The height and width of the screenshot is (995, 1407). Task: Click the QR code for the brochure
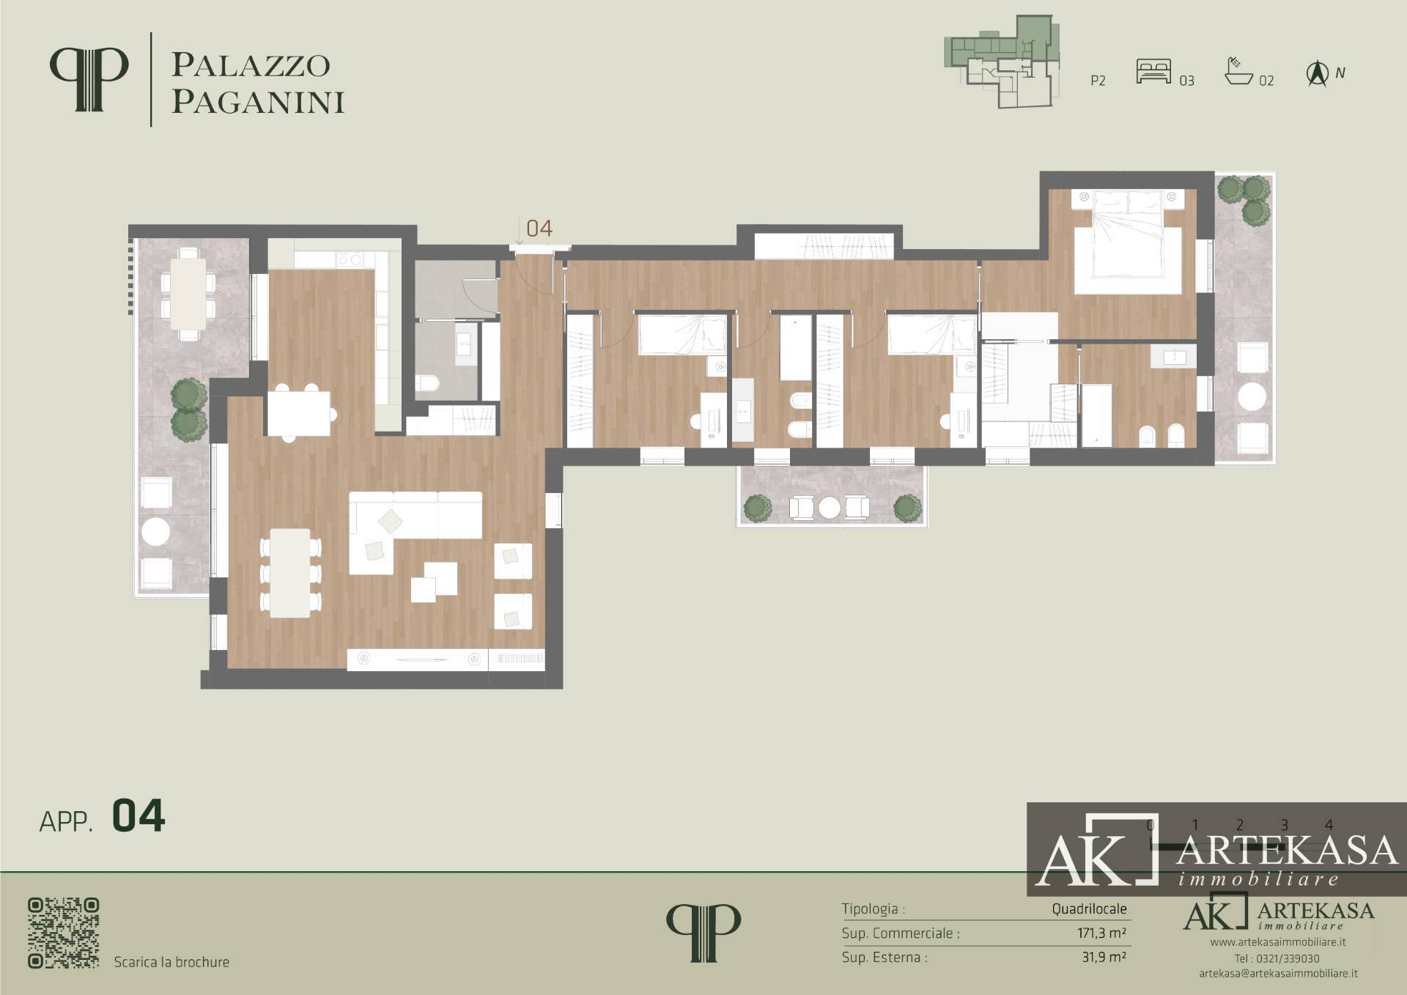64,933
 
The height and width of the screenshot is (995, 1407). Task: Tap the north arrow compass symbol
1318,74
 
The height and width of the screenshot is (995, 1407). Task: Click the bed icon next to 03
1153,72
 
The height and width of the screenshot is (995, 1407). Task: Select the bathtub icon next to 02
1239,71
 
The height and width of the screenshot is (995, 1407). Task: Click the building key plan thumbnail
1002,63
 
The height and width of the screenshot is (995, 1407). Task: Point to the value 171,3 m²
1096,933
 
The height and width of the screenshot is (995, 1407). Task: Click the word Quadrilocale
1090,909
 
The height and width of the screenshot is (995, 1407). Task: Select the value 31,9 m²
1103,957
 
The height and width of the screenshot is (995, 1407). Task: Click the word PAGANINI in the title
258,103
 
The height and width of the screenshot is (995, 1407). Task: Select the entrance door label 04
539,228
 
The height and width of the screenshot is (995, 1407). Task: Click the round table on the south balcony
830,507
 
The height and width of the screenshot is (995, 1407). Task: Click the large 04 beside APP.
139,817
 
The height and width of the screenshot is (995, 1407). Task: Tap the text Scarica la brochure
171,962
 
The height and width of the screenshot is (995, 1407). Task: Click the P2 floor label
1098,81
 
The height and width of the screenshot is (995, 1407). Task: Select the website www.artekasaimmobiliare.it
1278,942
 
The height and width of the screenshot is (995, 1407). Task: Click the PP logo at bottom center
703,933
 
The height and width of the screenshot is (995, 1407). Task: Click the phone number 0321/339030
1288,958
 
